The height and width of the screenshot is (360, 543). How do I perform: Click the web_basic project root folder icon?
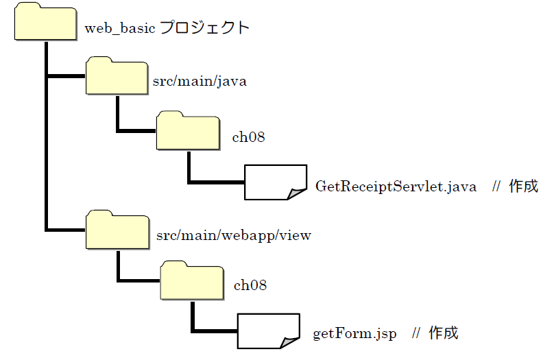tap(45, 23)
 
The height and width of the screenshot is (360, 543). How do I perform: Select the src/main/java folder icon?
tap(117, 76)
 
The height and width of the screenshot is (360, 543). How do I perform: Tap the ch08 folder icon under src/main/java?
tap(187, 132)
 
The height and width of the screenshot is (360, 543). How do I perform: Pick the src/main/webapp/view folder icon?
tap(117, 230)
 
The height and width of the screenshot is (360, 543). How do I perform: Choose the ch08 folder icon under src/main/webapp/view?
tap(191, 281)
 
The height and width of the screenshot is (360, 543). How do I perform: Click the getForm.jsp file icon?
tap(268, 331)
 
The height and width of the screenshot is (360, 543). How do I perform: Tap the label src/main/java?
tap(200, 82)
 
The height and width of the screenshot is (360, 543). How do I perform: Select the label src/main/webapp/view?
tap(234, 236)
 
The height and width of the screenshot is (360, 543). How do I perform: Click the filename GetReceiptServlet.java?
tap(396, 187)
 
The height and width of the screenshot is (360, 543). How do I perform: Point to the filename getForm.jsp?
tap(354, 334)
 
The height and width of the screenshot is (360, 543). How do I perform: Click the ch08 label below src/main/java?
tap(248, 137)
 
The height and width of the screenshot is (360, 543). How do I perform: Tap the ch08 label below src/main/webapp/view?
tap(250, 285)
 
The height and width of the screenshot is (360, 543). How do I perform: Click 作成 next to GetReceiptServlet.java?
tap(523, 187)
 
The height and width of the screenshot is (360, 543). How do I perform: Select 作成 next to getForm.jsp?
tap(443, 334)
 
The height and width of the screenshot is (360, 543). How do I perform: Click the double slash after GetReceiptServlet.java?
tap(497, 187)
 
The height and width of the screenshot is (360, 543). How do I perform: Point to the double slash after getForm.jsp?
tap(416, 334)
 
